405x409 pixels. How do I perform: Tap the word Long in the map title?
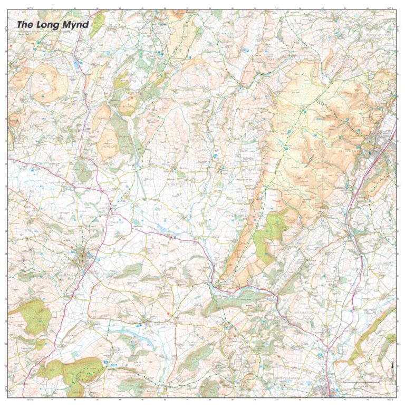(50, 24)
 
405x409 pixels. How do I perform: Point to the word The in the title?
(25, 24)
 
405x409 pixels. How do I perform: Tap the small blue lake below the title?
(79, 64)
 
